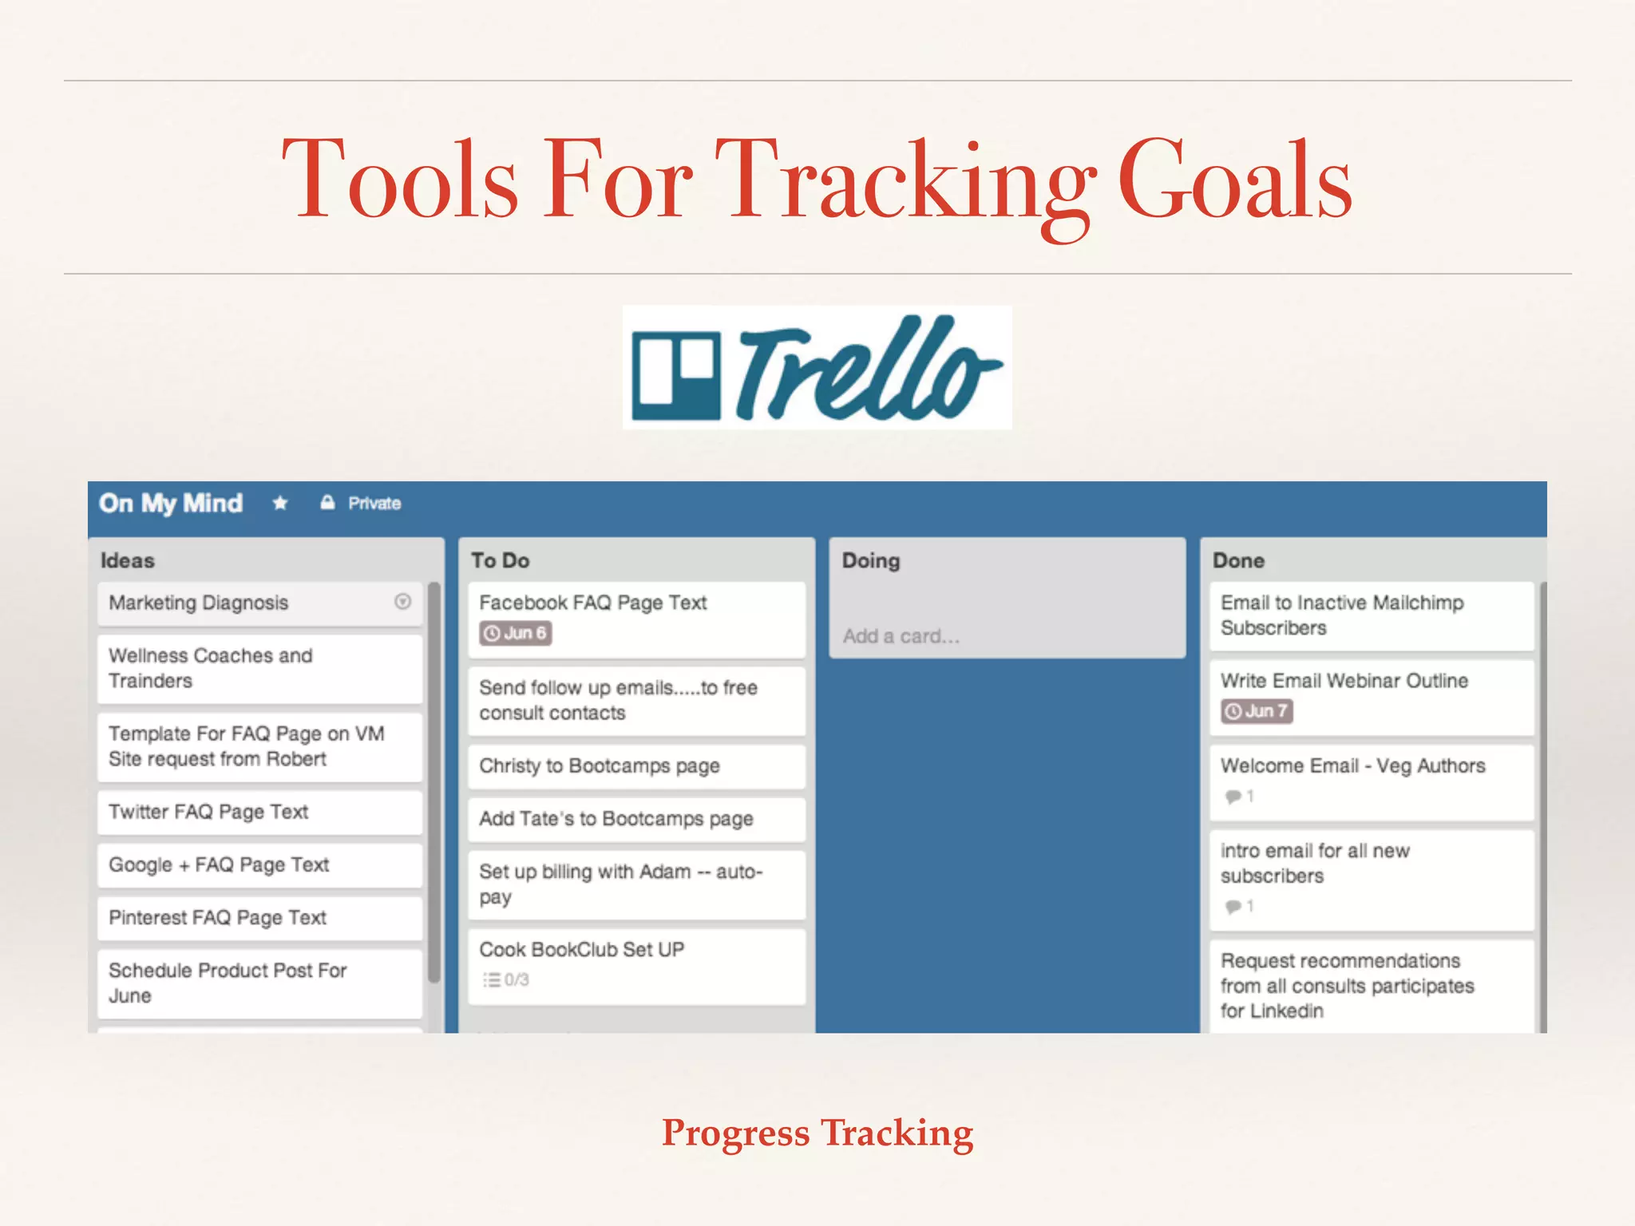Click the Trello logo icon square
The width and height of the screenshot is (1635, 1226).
pyautogui.click(x=675, y=375)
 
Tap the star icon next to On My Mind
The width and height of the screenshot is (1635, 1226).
pyautogui.click(x=279, y=504)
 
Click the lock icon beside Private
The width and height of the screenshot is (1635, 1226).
pyautogui.click(x=327, y=503)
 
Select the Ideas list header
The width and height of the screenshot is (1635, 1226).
pyautogui.click(x=128, y=560)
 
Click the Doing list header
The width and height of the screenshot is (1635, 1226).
pyautogui.click(x=871, y=560)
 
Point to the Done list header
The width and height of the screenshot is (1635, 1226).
pyautogui.click(x=1238, y=560)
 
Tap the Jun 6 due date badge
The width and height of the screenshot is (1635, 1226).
pyautogui.click(x=516, y=634)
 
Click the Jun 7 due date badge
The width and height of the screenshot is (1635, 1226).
pyautogui.click(x=1257, y=711)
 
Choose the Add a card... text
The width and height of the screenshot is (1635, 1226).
pyautogui.click(x=901, y=636)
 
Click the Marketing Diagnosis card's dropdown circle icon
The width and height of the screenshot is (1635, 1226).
pyautogui.click(x=403, y=602)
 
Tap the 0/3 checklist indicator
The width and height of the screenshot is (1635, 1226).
pyautogui.click(x=507, y=979)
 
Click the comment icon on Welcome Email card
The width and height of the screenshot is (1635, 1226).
pyautogui.click(x=1233, y=797)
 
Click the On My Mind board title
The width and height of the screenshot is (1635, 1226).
pyautogui.click(x=171, y=504)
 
